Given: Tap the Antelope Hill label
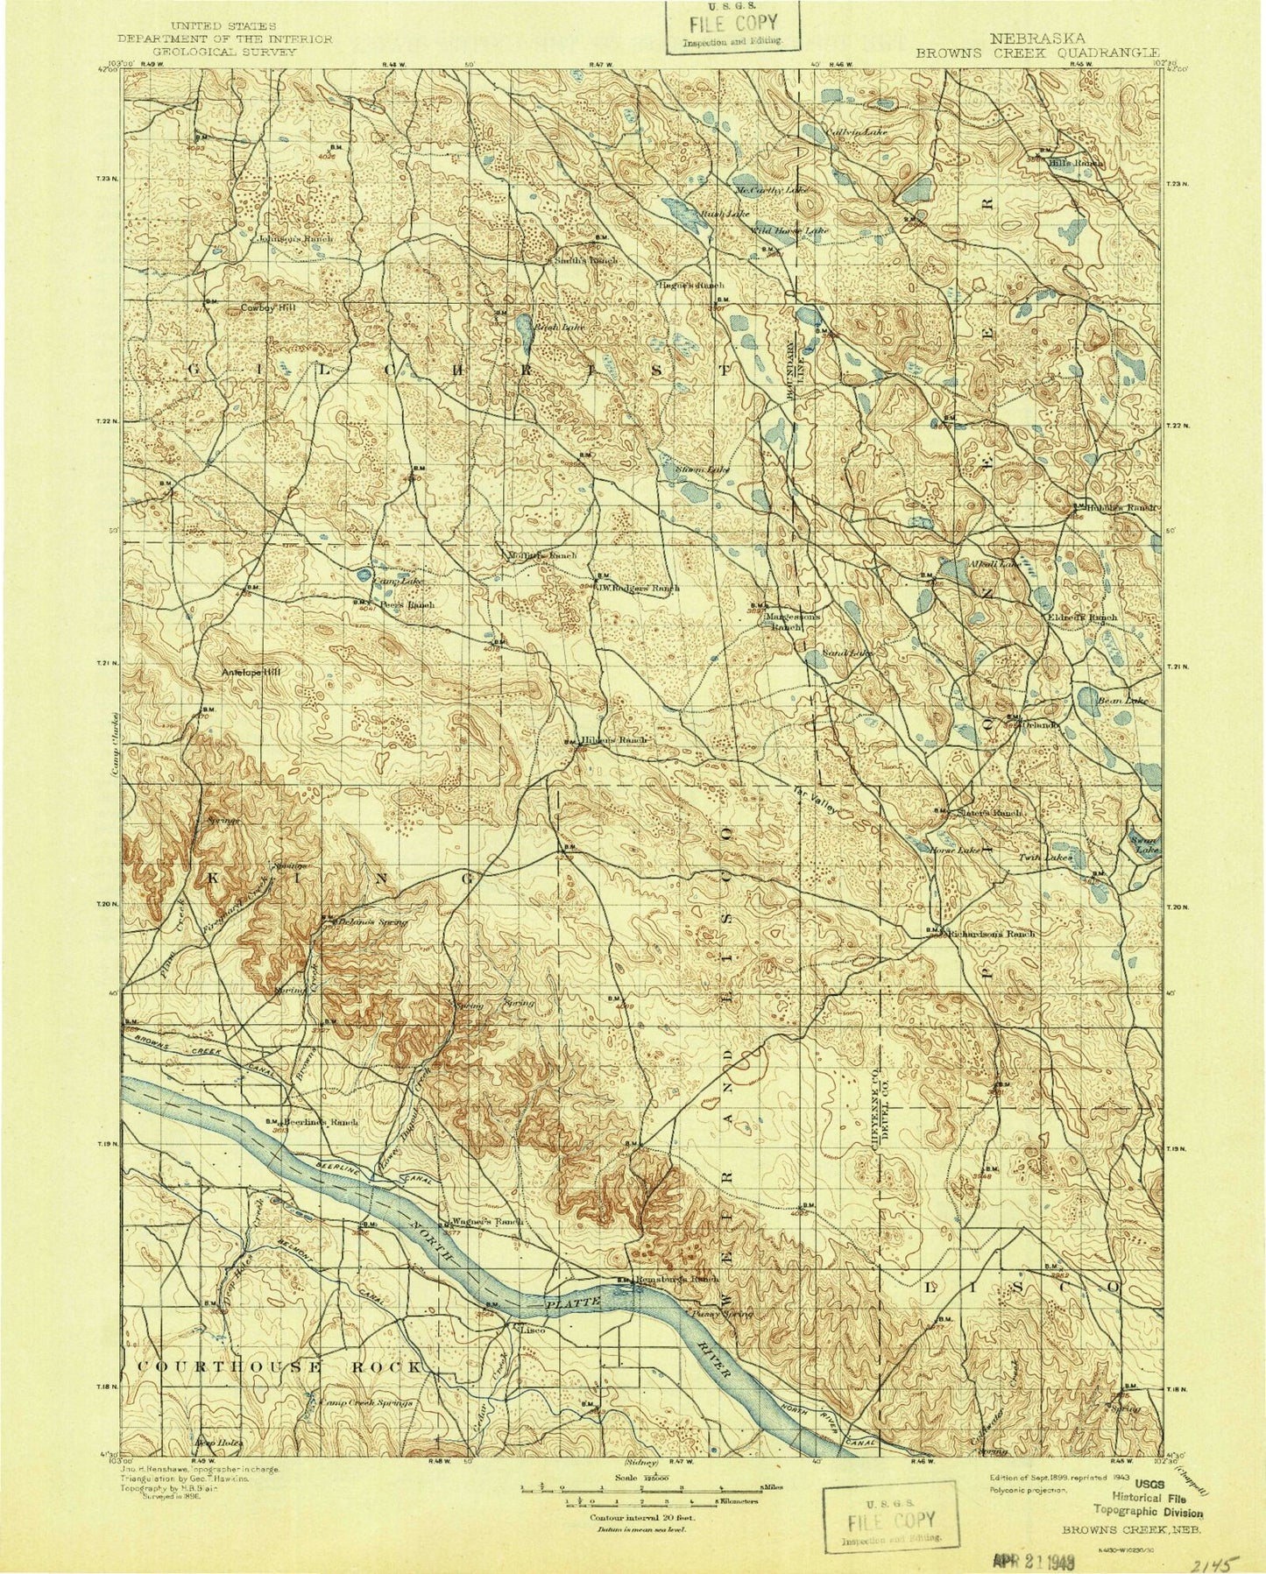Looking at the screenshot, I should click(250, 673).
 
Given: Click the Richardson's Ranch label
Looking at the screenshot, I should click(994, 934).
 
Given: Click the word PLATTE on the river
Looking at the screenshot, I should click(572, 1304).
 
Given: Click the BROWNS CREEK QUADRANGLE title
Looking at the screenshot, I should click(1038, 52).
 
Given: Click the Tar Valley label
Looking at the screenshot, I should click(815, 800).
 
